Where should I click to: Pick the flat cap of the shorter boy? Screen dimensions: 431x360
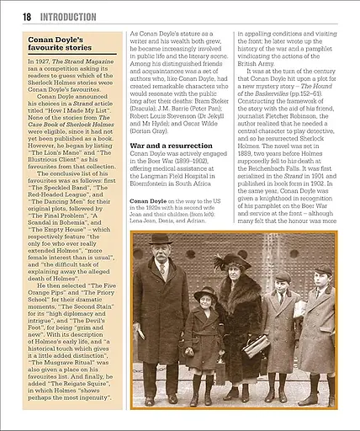[283, 276]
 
